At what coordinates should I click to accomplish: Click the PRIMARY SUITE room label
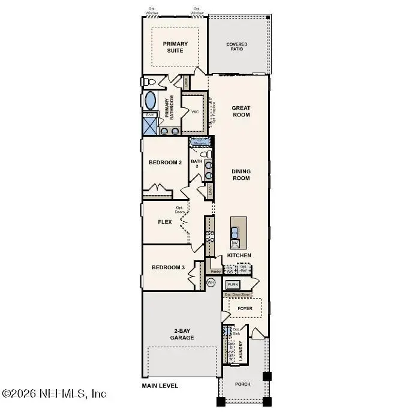coord(175,47)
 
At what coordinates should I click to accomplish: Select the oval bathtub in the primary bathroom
coord(151,100)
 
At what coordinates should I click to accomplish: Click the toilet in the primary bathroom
coord(149,81)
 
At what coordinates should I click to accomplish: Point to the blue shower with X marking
coord(149,126)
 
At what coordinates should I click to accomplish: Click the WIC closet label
coord(195,112)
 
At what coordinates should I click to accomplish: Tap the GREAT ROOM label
coord(241,112)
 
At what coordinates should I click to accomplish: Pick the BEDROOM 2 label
coord(166,163)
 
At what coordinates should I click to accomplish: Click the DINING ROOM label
coord(241,175)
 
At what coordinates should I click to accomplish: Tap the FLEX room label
coord(165,222)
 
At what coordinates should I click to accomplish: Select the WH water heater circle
coord(210,282)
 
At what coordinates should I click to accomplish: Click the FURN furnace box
coord(233,284)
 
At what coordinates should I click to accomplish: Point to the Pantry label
coord(216,272)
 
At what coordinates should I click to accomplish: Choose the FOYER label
coord(245,309)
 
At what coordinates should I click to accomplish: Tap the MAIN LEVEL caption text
coord(160,386)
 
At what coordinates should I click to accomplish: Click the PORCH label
coord(242,384)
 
